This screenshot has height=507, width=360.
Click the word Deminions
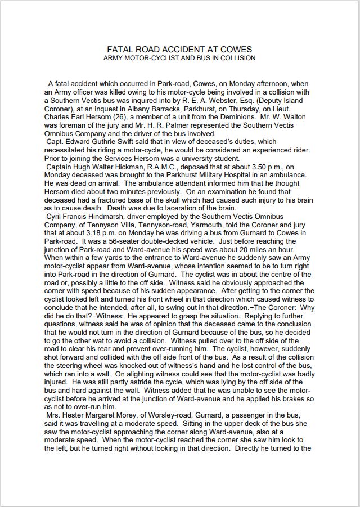coord(239,112)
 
